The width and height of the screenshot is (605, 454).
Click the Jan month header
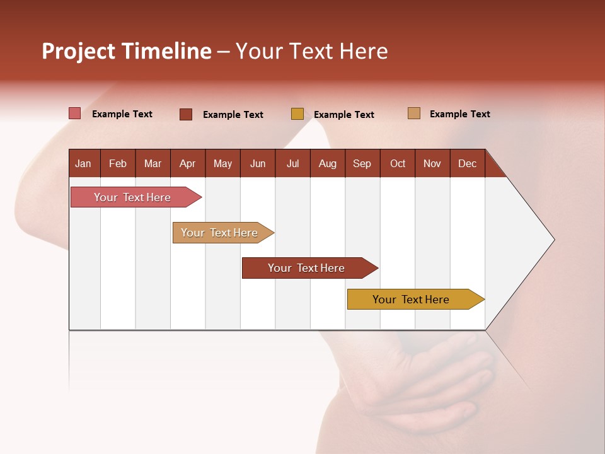(84, 163)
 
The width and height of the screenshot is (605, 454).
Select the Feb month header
(118, 163)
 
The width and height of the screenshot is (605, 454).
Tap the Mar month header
(153, 163)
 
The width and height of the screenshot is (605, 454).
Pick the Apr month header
(188, 163)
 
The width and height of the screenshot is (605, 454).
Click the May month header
(222, 163)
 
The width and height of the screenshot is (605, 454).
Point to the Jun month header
(258, 163)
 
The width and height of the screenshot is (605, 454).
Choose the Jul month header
(292, 163)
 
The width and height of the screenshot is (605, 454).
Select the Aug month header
(328, 163)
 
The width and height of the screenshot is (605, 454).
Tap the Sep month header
(362, 163)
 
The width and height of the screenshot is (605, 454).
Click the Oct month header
(398, 163)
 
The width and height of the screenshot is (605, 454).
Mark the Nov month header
(432, 163)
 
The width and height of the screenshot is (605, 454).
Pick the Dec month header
(468, 163)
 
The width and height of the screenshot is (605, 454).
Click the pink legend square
(74, 113)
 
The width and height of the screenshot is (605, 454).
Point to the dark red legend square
(186, 114)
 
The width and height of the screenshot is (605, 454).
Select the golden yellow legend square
(297, 114)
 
